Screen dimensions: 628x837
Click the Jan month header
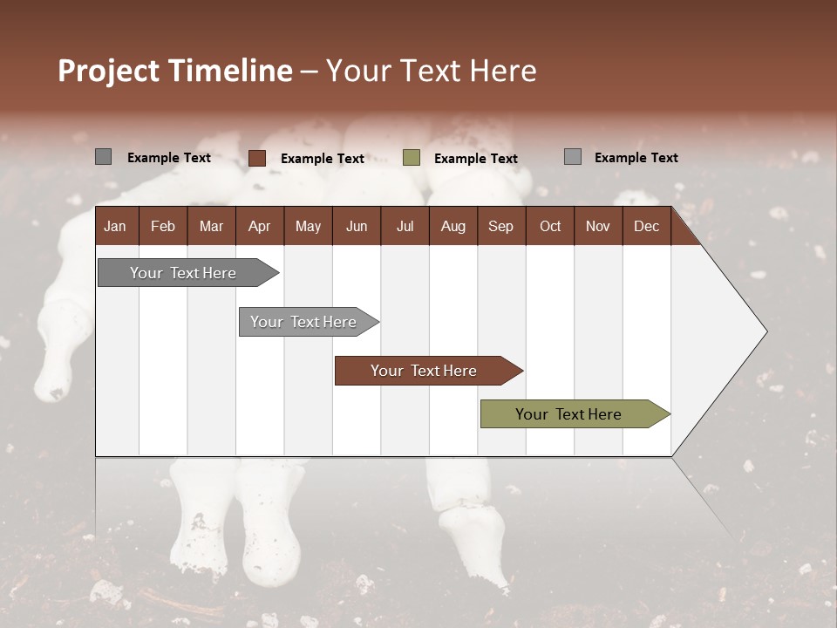pos(115,226)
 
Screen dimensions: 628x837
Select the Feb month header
pos(163,226)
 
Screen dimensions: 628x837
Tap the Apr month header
pos(259,226)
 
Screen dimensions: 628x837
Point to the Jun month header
pos(357,226)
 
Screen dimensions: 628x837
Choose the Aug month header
pos(453,226)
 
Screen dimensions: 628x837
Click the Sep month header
pos(500,226)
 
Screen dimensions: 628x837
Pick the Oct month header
pos(550,226)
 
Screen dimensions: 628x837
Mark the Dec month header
pos(646,226)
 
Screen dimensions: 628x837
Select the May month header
pos(308,226)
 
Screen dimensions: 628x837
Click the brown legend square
pos(257,158)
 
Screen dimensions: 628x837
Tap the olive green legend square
pos(412,158)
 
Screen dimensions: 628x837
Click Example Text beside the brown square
pos(323,159)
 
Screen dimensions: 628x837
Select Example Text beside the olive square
pos(476,159)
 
